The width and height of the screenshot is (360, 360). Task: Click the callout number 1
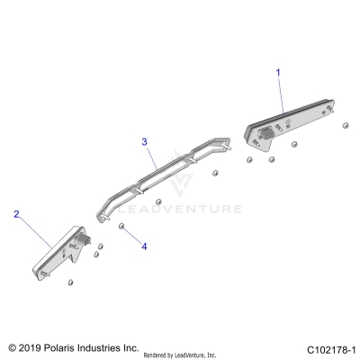[x=278, y=70]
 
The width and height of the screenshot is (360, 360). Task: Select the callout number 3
[x=144, y=141]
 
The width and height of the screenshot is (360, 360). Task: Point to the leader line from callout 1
[x=283, y=94]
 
